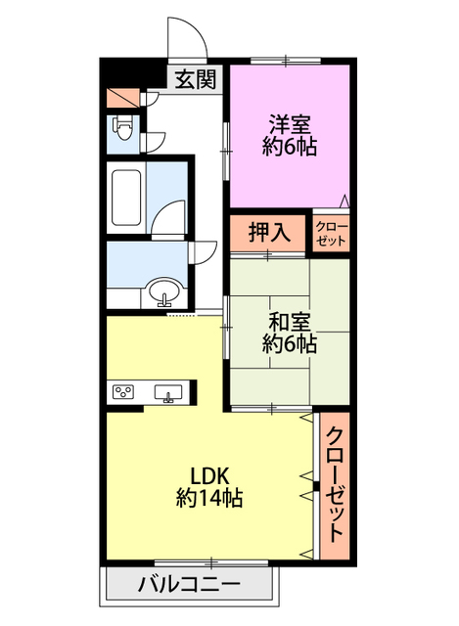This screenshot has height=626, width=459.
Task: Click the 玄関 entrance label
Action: tap(196, 79)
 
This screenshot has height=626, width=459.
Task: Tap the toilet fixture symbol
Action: tap(123, 128)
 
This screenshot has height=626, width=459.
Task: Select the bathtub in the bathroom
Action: tap(126, 198)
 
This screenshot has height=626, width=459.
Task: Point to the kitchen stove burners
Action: tap(123, 391)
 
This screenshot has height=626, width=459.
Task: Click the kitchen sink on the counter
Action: tap(168, 393)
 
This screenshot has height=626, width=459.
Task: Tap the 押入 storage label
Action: tap(270, 232)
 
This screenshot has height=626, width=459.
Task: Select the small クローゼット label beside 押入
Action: tap(331, 234)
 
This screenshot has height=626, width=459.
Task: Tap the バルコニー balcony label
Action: tap(189, 585)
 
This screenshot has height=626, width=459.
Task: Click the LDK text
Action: tap(209, 476)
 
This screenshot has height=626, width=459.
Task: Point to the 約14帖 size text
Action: tap(209, 498)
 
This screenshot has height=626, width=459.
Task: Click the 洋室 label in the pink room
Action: tap(290, 124)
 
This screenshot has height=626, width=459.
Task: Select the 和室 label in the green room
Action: tap(290, 322)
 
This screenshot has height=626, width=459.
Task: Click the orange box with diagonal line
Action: tap(122, 98)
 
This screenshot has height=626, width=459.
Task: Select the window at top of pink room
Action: tap(286, 61)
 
